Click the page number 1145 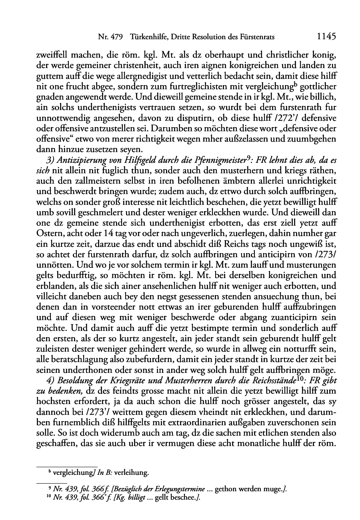point(326,37)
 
